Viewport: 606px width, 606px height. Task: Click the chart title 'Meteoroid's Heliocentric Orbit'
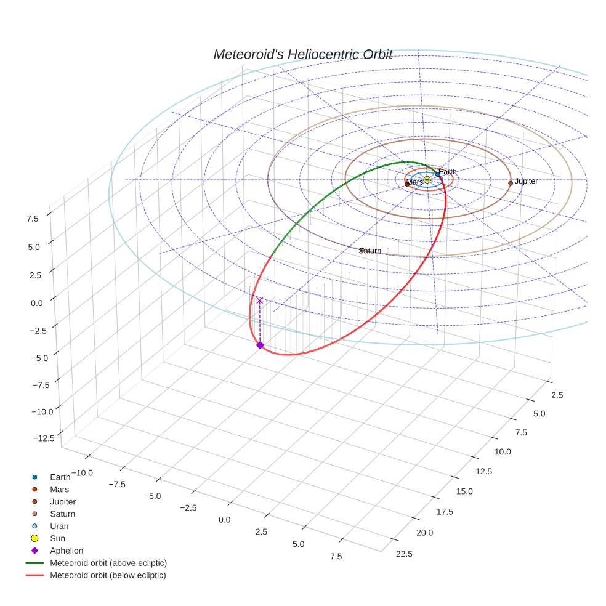tap(302, 54)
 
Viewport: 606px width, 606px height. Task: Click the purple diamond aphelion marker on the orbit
tap(260, 345)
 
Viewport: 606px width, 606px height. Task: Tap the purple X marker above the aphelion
tap(260, 301)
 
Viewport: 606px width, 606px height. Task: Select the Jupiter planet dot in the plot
tap(511, 184)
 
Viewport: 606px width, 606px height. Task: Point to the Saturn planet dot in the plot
tap(362, 250)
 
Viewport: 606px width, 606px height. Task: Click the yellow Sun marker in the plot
tap(427, 179)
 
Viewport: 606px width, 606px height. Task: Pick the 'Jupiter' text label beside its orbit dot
tap(527, 181)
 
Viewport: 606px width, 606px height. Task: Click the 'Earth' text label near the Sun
tap(448, 172)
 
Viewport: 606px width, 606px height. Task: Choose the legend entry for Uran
tap(59, 526)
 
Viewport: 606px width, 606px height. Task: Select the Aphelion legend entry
tap(67, 551)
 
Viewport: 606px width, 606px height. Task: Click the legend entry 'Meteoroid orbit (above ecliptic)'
tap(108, 563)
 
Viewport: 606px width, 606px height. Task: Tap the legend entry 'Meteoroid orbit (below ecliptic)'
tap(108, 575)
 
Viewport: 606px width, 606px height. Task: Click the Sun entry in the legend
tap(58, 538)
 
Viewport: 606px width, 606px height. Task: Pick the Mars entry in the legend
tap(60, 489)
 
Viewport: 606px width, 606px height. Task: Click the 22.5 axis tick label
tap(404, 553)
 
